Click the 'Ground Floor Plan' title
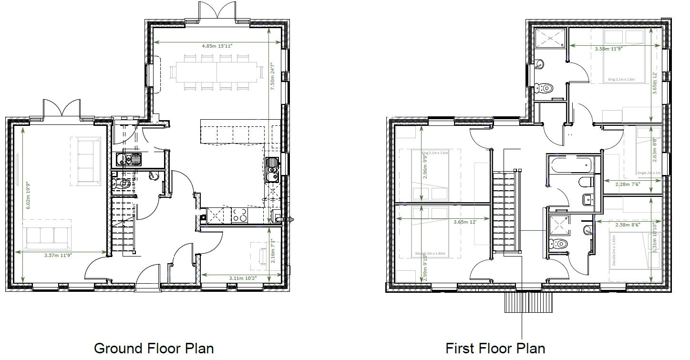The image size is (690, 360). click(154, 348)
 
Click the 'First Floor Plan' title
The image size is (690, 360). click(495, 348)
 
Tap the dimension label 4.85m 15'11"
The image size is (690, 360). click(217, 46)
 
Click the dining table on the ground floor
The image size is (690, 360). click(217, 72)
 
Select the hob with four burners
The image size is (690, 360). click(240, 216)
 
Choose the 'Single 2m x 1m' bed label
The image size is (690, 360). click(649, 173)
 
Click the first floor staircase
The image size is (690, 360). click(504, 210)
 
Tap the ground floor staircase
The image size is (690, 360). click(123, 228)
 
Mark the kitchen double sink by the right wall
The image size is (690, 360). click(272, 170)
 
